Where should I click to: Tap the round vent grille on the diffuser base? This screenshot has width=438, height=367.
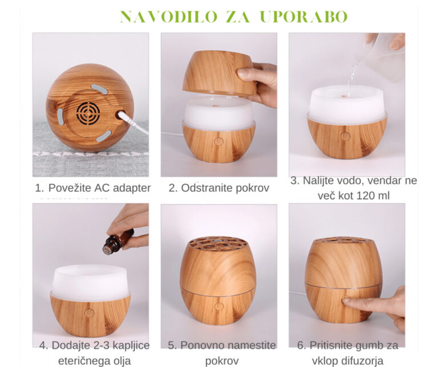[x=88, y=113]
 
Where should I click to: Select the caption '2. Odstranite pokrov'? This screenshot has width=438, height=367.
[x=218, y=187]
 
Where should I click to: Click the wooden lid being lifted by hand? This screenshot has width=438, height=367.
[x=218, y=72]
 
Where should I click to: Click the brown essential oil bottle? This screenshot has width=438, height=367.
[x=117, y=242]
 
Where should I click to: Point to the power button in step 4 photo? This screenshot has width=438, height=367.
[x=90, y=312]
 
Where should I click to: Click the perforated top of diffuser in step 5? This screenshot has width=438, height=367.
[x=218, y=242]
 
